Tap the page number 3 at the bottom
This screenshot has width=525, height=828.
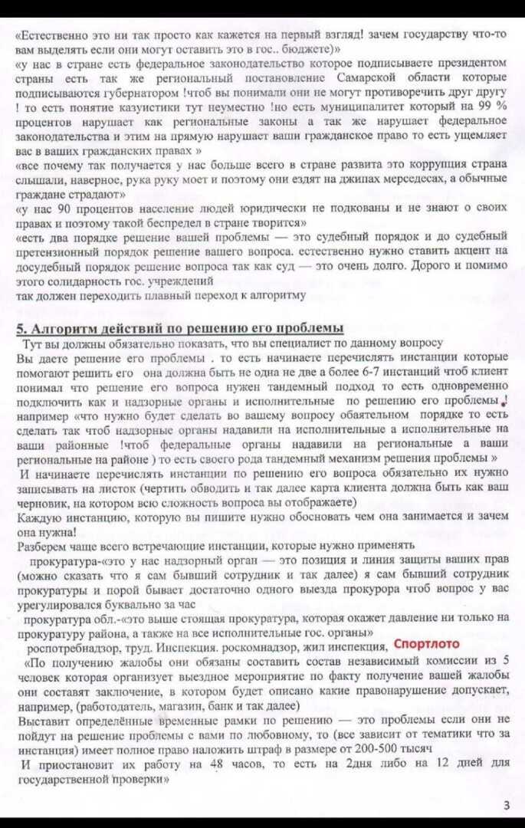coord(507,804)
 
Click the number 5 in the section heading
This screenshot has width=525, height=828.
coord(21,328)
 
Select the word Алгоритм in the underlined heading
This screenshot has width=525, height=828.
coord(60,328)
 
